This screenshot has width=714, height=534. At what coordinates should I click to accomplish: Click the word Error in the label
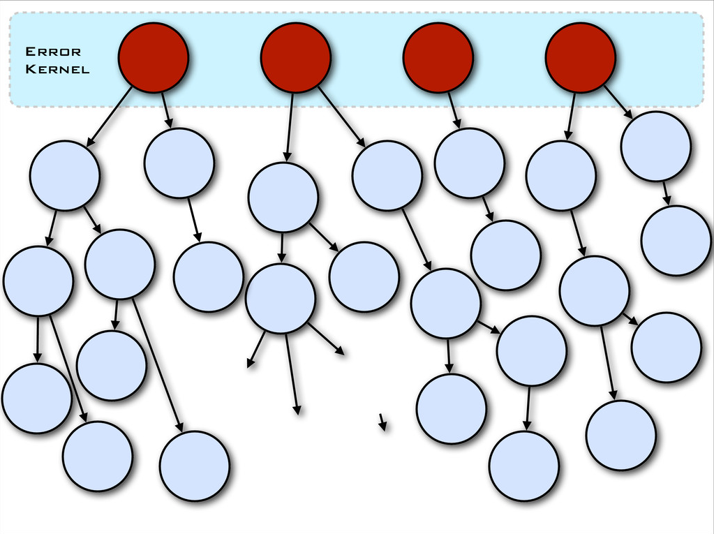53,52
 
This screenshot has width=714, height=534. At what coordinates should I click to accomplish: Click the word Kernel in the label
57,69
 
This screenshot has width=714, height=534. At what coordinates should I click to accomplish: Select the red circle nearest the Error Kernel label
153,57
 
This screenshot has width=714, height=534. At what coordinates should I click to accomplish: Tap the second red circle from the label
295,57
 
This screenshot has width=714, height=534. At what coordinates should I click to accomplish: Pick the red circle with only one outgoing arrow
438,57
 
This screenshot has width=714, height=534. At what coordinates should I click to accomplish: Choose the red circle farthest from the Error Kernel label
580,57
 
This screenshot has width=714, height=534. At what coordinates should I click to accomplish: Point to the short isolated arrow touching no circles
382,422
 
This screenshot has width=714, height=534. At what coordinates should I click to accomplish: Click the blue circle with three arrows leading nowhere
281,299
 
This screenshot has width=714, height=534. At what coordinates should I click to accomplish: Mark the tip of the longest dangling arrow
297,414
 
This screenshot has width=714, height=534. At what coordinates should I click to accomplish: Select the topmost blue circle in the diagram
655,147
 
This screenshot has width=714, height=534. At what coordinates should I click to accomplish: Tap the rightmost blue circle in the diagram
676,241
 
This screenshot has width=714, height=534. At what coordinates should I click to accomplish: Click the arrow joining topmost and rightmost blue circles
666,193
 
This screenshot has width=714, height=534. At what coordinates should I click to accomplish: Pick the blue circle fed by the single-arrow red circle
469,163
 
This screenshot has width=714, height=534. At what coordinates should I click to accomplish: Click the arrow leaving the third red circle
454,110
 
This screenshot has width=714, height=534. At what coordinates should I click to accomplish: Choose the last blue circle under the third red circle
505,255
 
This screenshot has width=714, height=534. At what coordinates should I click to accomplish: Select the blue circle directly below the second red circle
283,198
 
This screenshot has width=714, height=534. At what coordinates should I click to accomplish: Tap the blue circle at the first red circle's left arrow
65,175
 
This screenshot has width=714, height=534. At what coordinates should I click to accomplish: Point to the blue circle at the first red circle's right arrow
179,163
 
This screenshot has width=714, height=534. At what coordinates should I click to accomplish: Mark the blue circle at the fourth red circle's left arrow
560,175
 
